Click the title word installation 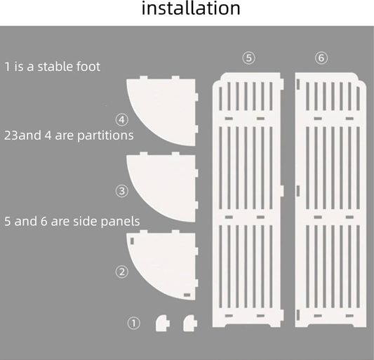[x=191, y=8]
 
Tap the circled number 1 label [x=134, y=324]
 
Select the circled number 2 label [x=122, y=272]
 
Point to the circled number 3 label [x=122, y=191]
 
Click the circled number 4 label [x=122, y=120]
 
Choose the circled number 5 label [x=249, y=58]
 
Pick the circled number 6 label [x=321, y=58]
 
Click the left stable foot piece [x=162, y=324]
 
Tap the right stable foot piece [x=190, y=324]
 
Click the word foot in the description [x=88, y=67]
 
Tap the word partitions [x=105, y=135]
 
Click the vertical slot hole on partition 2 [x=132, y=241]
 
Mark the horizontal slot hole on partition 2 [x=187, y=295]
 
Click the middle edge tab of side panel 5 [x=282, y=191]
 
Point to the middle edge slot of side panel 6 [x=298, y=191]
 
